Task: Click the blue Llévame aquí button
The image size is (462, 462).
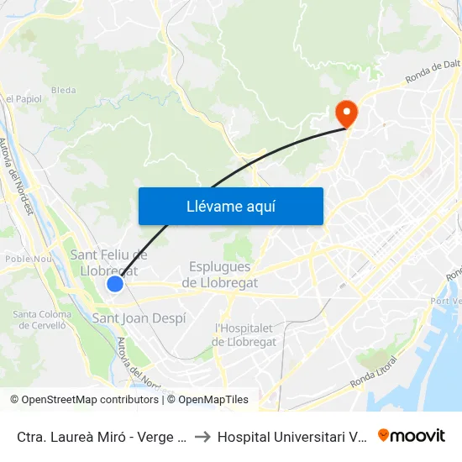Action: pyautogui.click(x=230, y=206)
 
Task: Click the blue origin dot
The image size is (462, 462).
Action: pyautogui.click(x=115, y=284)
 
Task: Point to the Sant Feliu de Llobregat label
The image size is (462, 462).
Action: pyautogui.click(x=109, y=263)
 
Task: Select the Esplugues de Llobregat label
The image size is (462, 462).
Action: pyautogui.click(x=220, y=274)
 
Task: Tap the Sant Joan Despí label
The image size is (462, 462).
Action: pyautogui.click(x=139, y=318)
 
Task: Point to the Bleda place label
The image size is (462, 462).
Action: pyautogui.click(x=63, y=89)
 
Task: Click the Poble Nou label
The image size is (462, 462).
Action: pyautogui.click(x=29, y=260)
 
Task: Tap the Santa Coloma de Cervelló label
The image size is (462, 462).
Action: pyautogui.click(x=42, y=320)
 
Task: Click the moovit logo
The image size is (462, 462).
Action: pyautogui.click(x=412, y=436)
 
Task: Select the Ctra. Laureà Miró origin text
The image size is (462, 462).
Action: pyautogui.click(x=101, y=437)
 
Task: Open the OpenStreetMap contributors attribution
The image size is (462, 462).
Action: pyautogui.click(x=90, y=400)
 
